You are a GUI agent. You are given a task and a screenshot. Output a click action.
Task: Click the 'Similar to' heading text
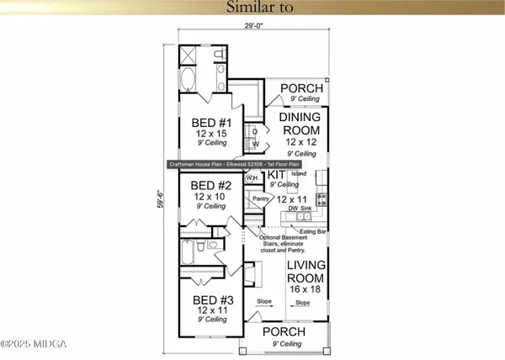[x=252, y=10]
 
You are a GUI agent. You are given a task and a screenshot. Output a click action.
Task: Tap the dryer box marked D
[x=254, y=131]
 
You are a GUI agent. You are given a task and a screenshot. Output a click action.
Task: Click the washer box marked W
[x=254, y=144]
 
